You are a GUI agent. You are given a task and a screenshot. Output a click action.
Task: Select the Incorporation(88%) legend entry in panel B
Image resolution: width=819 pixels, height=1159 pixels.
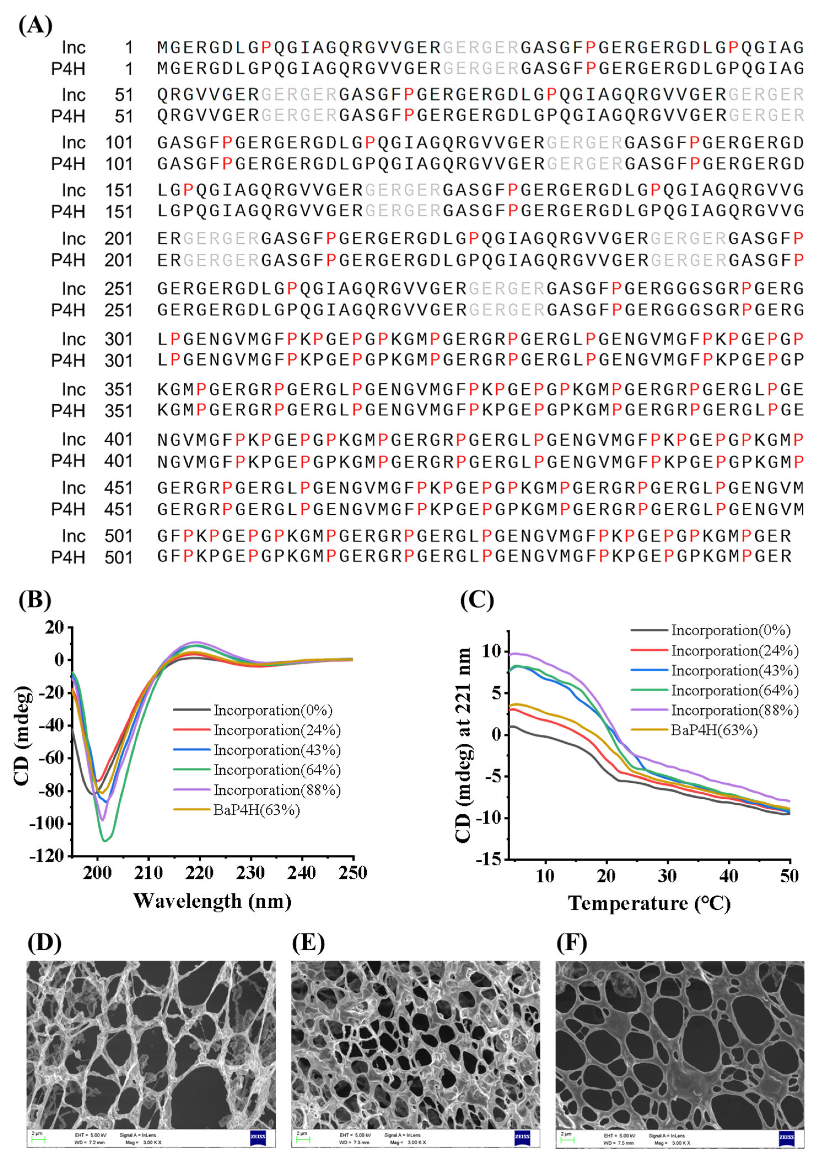point(277,790)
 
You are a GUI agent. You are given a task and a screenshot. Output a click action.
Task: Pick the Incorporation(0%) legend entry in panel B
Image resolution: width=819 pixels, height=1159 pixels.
point(272,710)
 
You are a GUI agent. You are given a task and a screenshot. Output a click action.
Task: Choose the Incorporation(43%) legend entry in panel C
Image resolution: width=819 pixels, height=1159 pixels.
point(734,670)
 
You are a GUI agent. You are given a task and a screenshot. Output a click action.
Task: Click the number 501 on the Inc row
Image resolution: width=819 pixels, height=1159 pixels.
point(118,536)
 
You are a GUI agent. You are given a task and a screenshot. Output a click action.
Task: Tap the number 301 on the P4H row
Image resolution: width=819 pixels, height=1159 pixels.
point(118,361)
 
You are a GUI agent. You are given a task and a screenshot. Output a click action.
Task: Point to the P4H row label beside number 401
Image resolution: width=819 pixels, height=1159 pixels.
point(68,461)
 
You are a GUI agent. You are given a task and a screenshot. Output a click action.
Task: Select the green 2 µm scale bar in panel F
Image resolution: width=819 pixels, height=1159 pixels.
point(568,1139)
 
